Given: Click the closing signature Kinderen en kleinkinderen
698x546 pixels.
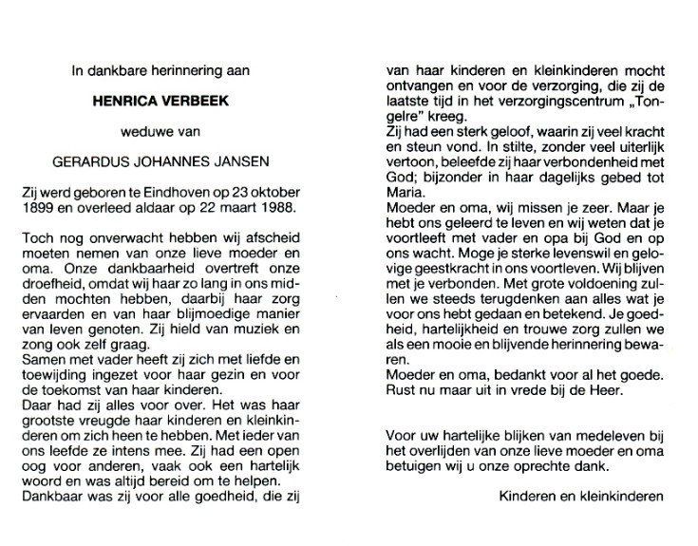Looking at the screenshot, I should pos(581,496).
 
